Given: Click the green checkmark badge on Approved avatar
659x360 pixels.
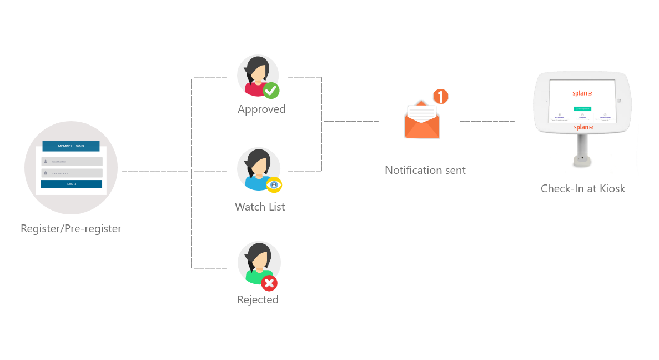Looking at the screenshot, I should (x=271, y=90).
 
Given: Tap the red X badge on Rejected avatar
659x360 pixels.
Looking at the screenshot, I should (x=270, y=283).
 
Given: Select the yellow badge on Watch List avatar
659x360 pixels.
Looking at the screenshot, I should (x=274, y=185).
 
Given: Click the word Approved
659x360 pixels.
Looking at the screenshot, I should (x=261, y=109).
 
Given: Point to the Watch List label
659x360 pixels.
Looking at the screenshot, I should (x=260, y=207).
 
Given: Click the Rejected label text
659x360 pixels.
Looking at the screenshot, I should (x=258, y=299).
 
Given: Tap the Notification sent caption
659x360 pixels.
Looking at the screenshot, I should (x=425, y=170).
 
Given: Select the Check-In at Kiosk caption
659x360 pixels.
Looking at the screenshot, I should (x=583, y=189).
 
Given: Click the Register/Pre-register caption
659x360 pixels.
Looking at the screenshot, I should (x=71, y=228).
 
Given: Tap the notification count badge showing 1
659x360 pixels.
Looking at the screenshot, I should (x=440, y=97).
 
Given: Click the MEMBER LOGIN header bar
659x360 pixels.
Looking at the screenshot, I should (x=71, y=146).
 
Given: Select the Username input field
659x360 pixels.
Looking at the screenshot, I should (x=72, y=162).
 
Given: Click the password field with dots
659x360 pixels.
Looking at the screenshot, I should (x=72, y=173).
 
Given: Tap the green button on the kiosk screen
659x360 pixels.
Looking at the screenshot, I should (x=582, y=109).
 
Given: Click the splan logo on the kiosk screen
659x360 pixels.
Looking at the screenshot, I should (x=582, y=93).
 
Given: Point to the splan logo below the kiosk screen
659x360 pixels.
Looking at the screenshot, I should (x=583, y=127).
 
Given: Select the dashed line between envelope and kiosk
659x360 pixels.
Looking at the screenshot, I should (x=486, y=121).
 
